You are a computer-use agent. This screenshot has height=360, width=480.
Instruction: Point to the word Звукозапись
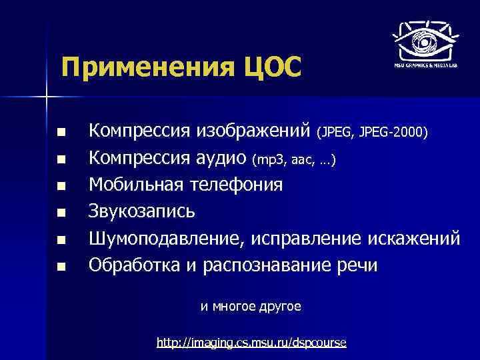(143, 211)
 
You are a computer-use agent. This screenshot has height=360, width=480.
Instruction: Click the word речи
(356, 265)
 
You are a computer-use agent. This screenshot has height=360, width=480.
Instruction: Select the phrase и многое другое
(251, 307)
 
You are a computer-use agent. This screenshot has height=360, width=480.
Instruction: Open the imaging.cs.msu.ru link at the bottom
(251, 343)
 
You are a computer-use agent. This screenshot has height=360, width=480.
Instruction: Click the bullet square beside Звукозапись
(61, 213)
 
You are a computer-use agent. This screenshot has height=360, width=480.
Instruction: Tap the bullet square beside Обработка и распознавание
(61, 267)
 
